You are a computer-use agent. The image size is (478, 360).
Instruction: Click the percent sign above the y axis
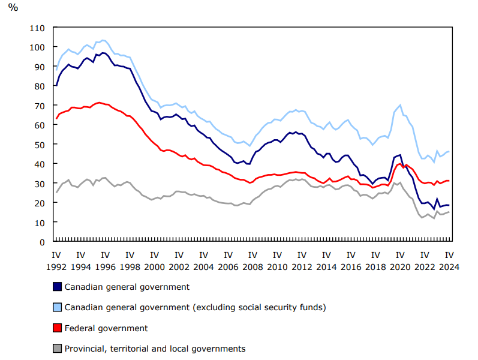point(13,8)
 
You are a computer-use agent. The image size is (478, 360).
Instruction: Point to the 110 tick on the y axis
point(37,28)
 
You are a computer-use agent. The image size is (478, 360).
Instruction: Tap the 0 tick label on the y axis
point(43,242)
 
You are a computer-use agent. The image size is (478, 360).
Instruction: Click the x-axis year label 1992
point(56,268)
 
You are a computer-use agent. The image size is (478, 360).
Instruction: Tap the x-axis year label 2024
point(449,268)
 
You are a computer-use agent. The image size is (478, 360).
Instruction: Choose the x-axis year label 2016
point(351,268)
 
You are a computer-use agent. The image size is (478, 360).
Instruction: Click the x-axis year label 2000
point(155,268)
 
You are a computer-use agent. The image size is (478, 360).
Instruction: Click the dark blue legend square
point(57,287)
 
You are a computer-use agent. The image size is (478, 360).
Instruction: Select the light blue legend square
point(57,307)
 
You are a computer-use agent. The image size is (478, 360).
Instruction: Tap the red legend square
point(57,328)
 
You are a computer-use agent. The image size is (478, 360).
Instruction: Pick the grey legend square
point(57,348)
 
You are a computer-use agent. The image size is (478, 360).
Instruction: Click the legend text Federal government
point(106,328)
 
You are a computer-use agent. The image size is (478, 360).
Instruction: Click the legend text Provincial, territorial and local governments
point(155,349)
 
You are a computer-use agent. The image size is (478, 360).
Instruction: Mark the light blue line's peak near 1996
point(103,40)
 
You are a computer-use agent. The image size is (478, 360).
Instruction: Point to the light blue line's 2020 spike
point(400,105)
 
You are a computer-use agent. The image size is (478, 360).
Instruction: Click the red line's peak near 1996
point(100,103)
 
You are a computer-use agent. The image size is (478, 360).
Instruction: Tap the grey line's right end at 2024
point(449,212)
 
